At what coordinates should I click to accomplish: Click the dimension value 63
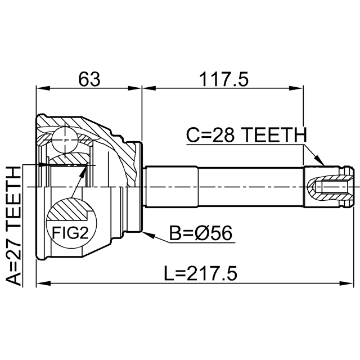click(x=89, y=79)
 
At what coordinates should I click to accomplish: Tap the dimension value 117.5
click(x=224, y=79)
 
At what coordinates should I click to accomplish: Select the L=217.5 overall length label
click(x=200, y=273)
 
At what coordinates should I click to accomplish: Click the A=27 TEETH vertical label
click(x=13, y=226)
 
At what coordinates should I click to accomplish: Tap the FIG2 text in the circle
click(x=70, y=232)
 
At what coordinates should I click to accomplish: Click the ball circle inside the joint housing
click(x=65, y=140)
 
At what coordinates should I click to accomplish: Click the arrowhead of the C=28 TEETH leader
click(x=319, y=160)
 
